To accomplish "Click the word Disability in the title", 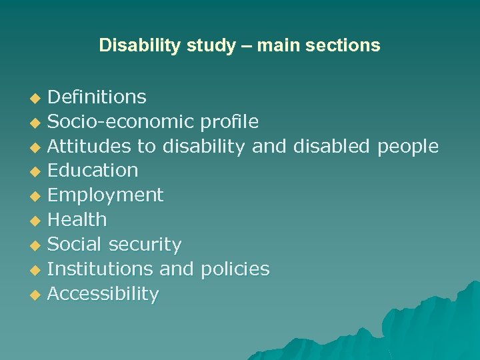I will click(131, 45).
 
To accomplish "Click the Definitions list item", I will click(97, 97).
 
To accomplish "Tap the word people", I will click(408, 146).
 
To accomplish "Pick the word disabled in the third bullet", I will click(331, 146).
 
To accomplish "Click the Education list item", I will click(93, 171).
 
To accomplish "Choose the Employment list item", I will click(105, 195).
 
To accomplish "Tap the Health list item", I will click(77, 219).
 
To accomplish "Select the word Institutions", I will click(101, 269).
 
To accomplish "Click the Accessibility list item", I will click(103, 293).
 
